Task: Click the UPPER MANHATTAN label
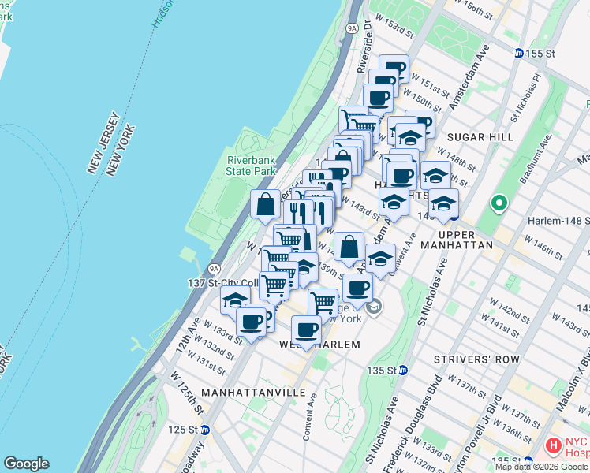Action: [x=466, y=240]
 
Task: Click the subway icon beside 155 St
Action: [x=518, y=53]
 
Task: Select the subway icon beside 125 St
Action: [x=204, y=430]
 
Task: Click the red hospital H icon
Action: [x=553, y=445]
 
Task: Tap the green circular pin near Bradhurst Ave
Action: [x=499, y=204]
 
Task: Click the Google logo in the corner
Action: [x=26, y=464]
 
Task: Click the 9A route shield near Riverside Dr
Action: [x=353, y=28]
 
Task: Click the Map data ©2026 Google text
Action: [x=542, y=467]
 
